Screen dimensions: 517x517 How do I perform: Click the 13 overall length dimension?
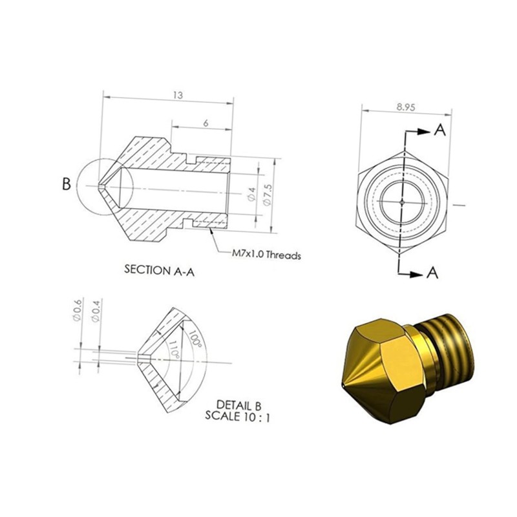click(178, 95)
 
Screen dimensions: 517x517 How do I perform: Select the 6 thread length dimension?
click(206, 123)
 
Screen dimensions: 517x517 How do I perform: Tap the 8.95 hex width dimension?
click(406, 107)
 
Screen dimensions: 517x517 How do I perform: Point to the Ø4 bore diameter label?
click(251, 194)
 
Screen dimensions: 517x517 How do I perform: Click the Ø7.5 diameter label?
click(268, 195)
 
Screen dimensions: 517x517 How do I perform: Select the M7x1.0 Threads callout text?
click(266, 255)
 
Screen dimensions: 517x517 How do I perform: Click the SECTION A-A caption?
click(159, 270)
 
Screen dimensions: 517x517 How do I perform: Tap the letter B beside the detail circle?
click(67, 184)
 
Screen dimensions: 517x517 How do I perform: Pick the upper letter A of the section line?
click(440, 130)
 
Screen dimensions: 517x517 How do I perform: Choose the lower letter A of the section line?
click(432, 273)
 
